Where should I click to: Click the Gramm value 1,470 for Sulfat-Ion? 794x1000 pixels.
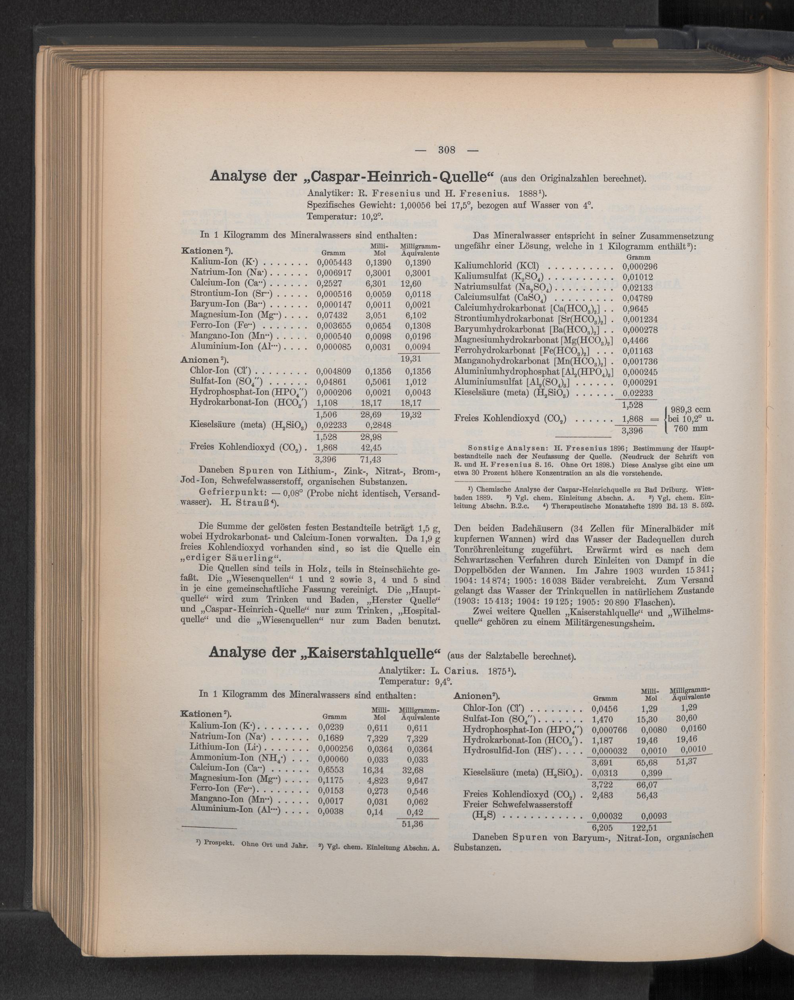coord(603,719)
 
